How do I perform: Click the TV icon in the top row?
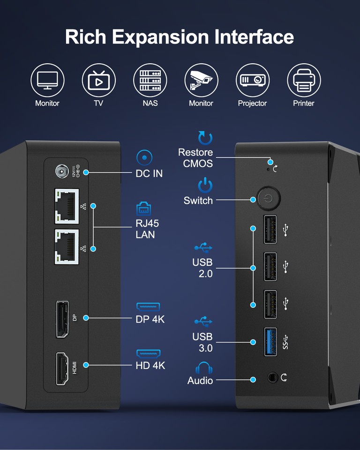98,81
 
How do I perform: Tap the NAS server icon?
150,81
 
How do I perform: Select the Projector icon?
252,81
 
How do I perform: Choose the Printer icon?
303,81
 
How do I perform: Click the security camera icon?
201,81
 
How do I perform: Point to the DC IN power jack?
61,172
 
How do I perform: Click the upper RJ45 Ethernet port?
67,205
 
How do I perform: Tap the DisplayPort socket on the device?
61,319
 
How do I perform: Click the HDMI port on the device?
61,368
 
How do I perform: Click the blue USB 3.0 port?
270,341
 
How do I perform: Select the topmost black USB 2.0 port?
270,229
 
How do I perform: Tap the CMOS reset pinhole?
268,168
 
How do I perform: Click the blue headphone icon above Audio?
204,368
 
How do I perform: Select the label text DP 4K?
150,319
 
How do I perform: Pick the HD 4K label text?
150,365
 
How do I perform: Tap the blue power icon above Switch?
205,186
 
